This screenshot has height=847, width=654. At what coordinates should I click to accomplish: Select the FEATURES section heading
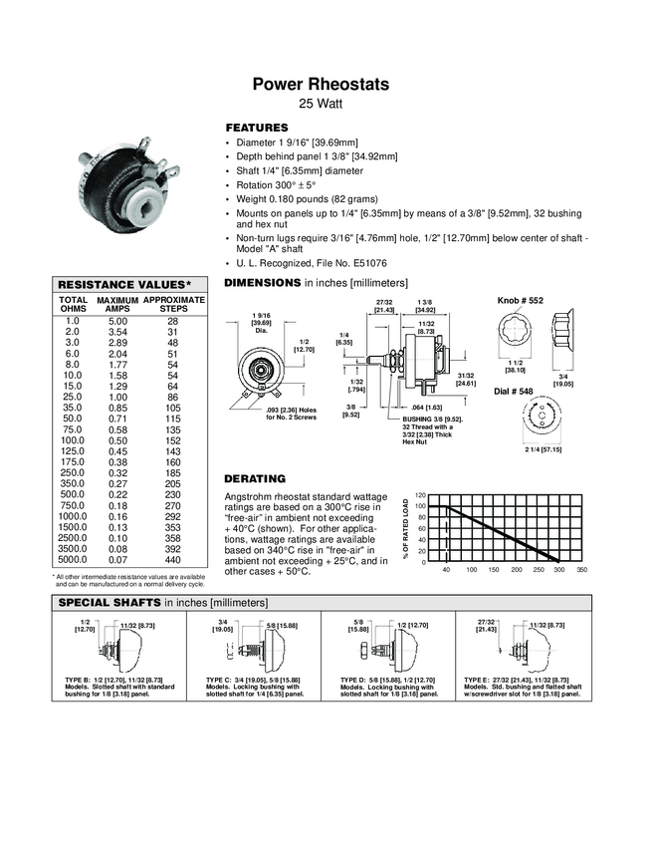click(x=257, y=129)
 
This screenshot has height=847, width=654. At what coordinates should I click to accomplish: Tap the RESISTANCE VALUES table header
click(x=124, y=284)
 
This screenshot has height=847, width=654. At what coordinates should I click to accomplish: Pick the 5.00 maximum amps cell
click(x=117, y=321)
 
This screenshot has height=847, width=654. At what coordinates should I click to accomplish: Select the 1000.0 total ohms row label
click(x=72, y=517)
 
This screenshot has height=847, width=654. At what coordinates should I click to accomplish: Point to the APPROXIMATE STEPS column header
click(x=173, y=305)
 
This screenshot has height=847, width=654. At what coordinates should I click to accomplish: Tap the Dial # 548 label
click(x=517, y=390)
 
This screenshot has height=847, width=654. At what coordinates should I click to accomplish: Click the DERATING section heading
click(x=256, y=478)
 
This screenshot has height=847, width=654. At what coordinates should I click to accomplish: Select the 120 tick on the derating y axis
click(x=420, y=495)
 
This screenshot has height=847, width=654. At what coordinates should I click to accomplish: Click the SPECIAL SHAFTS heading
click(x=110, y=603)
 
